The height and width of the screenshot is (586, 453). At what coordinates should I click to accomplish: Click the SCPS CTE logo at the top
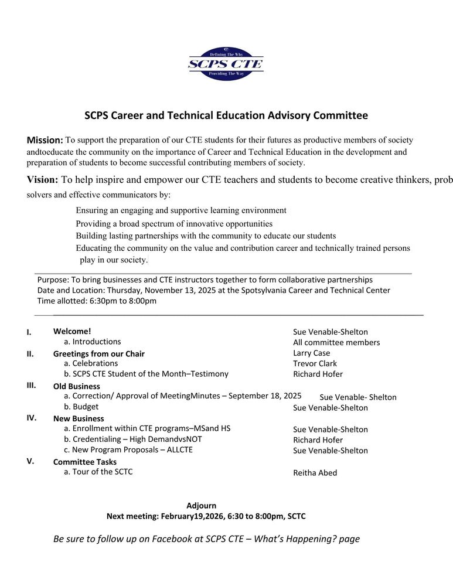click(x=226, y=64)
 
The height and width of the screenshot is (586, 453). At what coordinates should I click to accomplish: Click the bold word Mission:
click(x=45, y=141)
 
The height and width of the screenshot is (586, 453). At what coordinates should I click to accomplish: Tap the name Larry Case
click(x=311, y=353)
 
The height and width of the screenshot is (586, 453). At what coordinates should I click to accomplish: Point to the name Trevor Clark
click(x=315, y=364)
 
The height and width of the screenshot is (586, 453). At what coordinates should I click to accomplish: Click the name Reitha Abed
click(x=315, y=473)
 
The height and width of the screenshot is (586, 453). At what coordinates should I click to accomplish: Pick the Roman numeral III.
click(x=32, y=385)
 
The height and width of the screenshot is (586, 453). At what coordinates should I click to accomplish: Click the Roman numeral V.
click(x=30, y=461)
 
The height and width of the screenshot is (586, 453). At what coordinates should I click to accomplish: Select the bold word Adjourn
click(x=201, y=506)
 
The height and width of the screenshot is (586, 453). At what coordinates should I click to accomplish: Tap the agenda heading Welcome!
click(x=72, y=331)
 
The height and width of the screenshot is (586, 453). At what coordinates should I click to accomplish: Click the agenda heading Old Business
click(x=76, y=387)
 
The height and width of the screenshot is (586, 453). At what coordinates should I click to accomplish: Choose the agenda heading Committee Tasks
click(x=84, y=462)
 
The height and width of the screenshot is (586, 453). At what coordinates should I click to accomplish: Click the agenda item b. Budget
click(x=81, y=407)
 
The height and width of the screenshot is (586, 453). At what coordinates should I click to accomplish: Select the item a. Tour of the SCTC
click(x=98, y=472)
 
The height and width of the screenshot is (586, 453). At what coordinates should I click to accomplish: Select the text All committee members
click(x=336, y=343)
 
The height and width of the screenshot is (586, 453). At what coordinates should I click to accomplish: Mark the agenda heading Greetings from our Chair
click(x=98, y=354)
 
